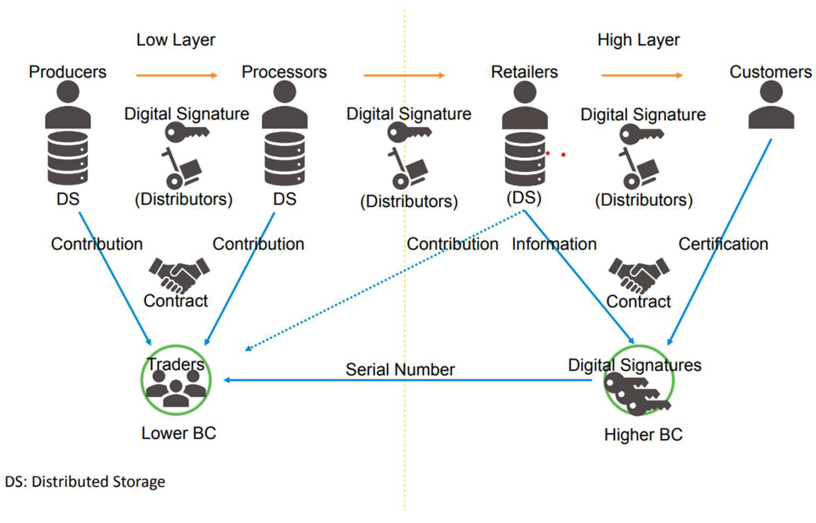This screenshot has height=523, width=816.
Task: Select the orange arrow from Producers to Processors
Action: pyautogui.click(x=177, y=75)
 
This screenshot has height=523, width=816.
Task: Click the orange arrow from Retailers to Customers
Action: pyautogui.click(x=641, y=75)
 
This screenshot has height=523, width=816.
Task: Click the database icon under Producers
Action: pyautogui.click(x=68, y=158)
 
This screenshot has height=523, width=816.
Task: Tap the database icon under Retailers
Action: pyautogui.click(x=525, y=159)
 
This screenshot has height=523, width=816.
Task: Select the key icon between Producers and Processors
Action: pyautogui.click(x=187, y=132)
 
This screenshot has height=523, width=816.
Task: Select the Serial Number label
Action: pyautogui.click(x=400, y=370)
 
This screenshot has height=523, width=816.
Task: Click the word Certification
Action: pyautogui.click(x=723, y=244)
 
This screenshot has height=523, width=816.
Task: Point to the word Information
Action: pyautogui.click(x=554, y=244)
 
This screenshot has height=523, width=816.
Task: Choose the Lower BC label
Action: pyautogui.click(x=179, y=434)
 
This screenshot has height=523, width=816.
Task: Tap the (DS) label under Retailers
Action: pyautogui.click(x=524, y=198)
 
